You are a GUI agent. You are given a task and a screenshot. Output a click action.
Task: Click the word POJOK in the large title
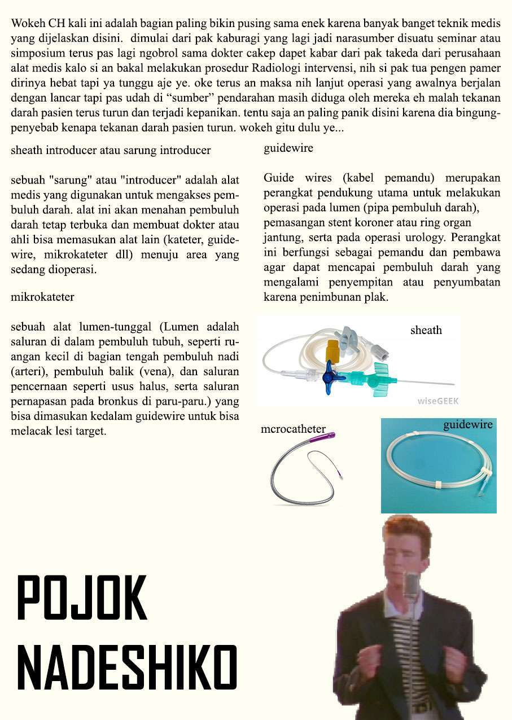coord(82,598)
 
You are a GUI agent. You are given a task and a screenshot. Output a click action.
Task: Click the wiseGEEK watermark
coord(438,401)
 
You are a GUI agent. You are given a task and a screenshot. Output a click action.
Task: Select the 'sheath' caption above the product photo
coord(426,331)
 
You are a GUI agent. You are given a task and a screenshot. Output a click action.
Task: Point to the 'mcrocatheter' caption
coord(293,429)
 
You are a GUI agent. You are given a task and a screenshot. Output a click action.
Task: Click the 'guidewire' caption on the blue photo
coord(467,425)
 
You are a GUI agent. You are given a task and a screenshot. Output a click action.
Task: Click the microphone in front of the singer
coord(412,584)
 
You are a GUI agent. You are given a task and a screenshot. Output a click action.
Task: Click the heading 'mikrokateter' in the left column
coord(42,297)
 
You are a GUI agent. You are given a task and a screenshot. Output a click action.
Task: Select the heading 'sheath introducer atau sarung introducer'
coord(111,151)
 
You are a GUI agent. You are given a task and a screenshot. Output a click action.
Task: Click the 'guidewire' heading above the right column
coord(288,149)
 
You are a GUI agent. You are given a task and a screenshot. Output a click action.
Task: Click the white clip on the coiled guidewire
coord(439,485)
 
